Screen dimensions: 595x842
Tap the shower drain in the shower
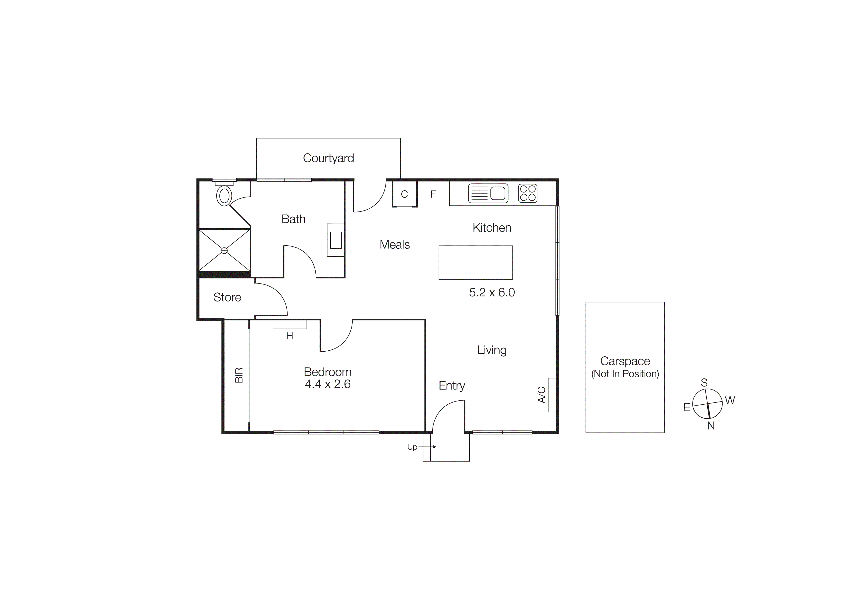pyautogui.click(x=224, y=251)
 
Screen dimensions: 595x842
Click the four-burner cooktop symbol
pyautogui.click(x=528, y=193)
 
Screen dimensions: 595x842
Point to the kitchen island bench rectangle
pyautogui.click(x=476, y=263)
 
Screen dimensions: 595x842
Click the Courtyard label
pyautogui.click(x=328, y=158)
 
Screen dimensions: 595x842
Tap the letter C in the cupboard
pyautogui.click(x=404, y=194)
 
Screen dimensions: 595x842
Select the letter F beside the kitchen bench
pyautogui.click(x=433, y=194)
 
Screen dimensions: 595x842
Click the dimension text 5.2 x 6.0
pyautogui.click(x=492, y=293)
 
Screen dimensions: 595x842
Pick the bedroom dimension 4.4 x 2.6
pyautogui.click(x=327, y=384)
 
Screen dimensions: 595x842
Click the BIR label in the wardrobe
pyautogui.click(x=239, y=375)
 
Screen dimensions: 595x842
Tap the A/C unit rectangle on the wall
pyautogui.click(x=552, y=395)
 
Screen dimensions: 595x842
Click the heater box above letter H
pyautogui.click(x=290, y=325)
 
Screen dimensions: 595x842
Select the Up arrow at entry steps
pyautogui.click(x=427, y=447)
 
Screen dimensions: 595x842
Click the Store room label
pyautogui.click(x=227, y=297)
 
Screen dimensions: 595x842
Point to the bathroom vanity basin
pyautogui.click(x=336, y=240)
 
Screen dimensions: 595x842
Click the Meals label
pyautogui.click(x=395, y=245)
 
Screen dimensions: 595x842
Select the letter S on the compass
pyautogui.click(x=704, y=383)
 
